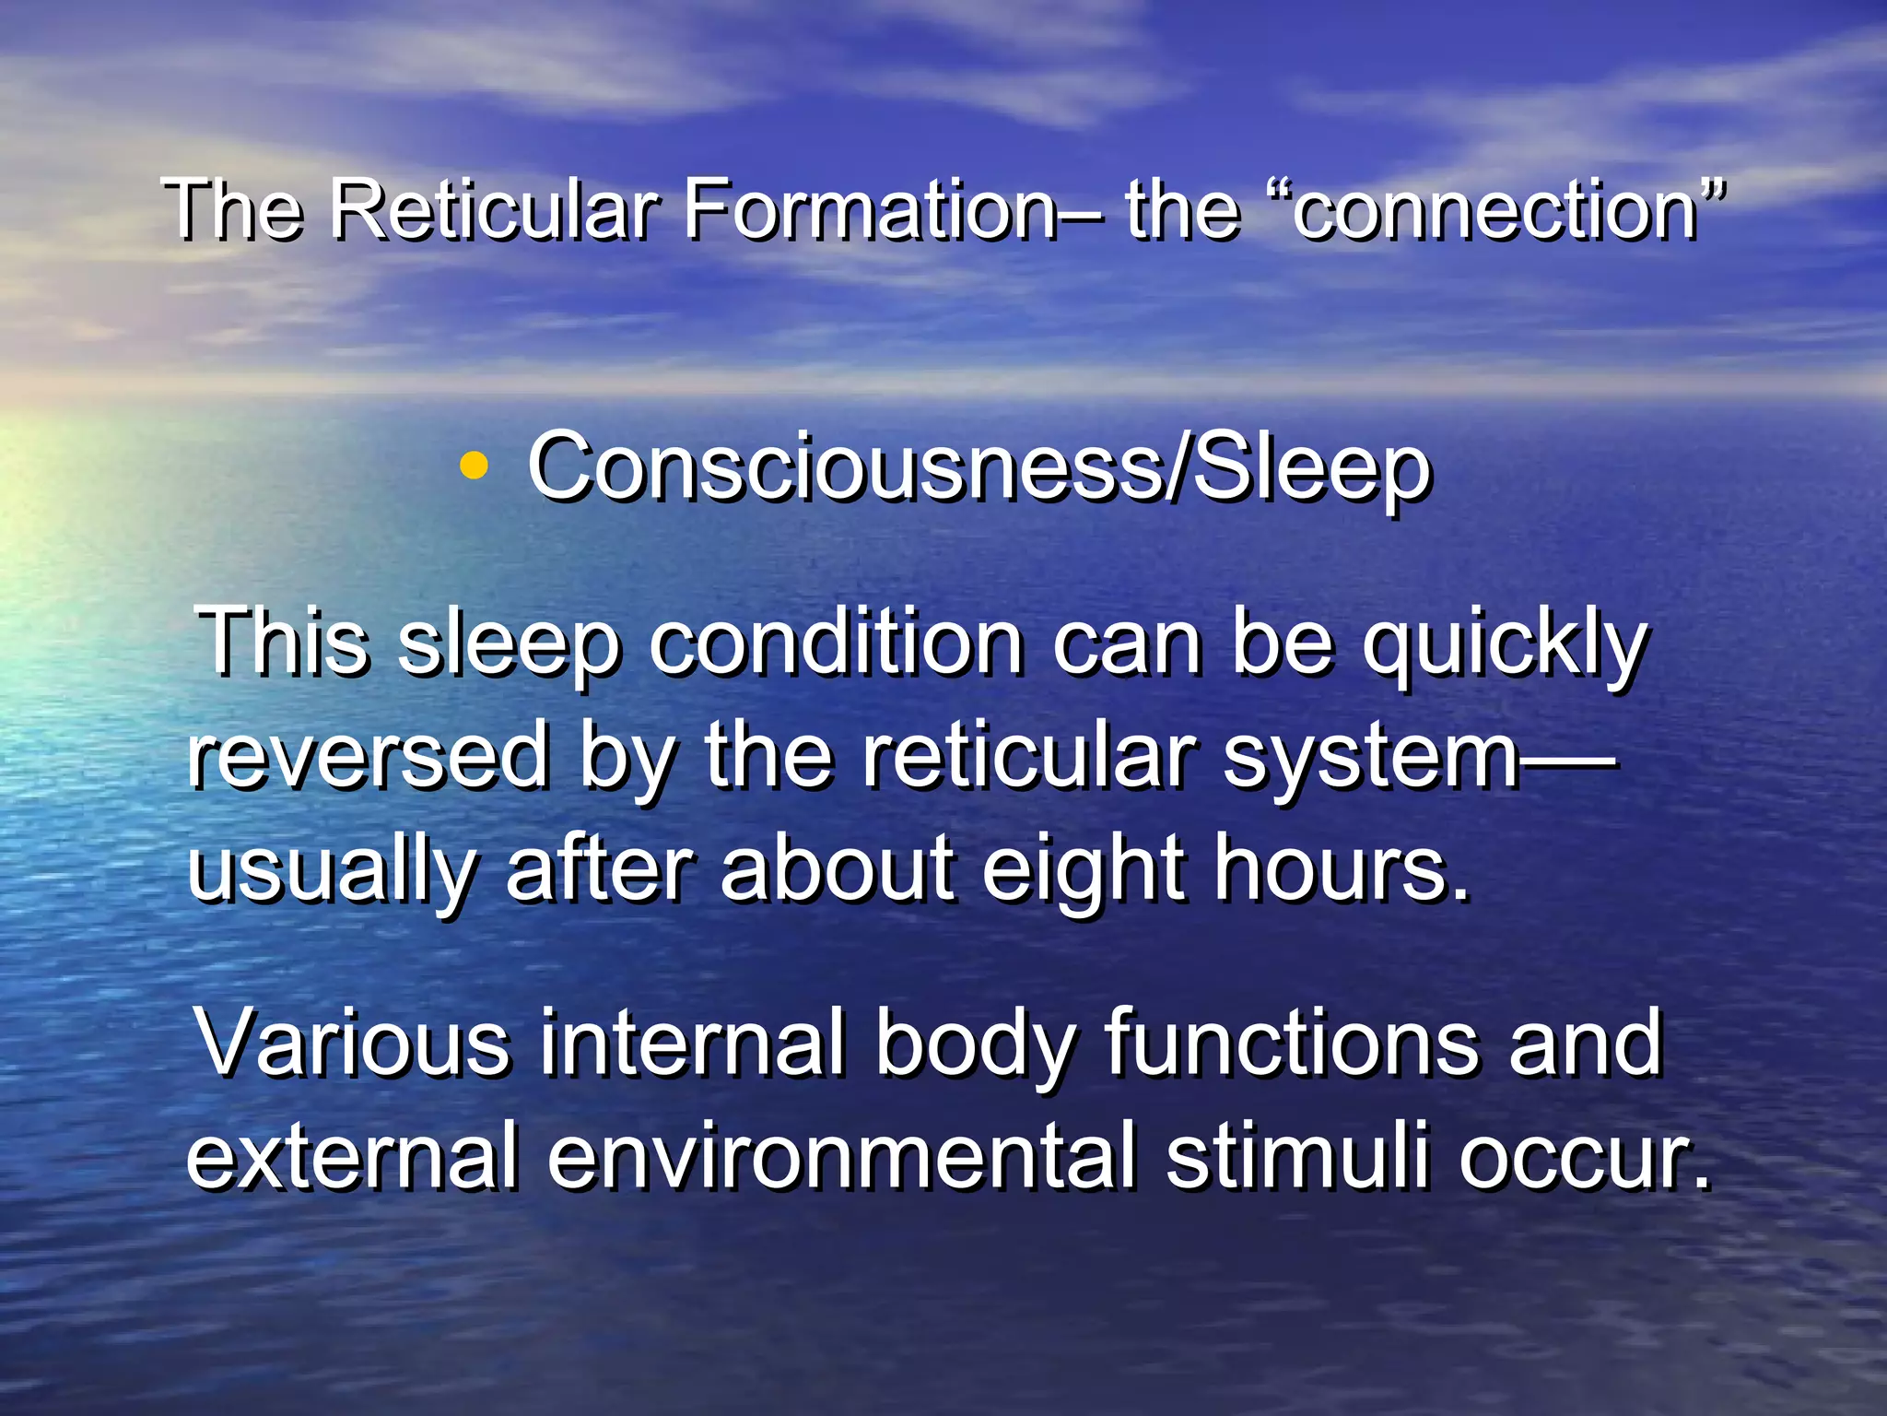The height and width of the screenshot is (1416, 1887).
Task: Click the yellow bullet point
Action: tap(474, 466)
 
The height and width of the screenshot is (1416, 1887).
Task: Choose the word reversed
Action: tap(369, 756)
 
